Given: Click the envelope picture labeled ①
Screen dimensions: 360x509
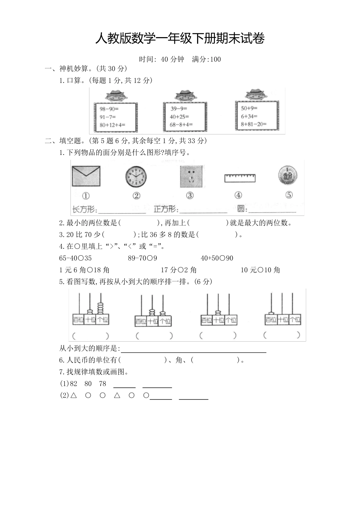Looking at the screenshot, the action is (86, 176).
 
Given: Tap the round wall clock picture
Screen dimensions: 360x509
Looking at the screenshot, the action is (136, 177).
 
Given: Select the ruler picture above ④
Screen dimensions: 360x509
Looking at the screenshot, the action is (239, 178).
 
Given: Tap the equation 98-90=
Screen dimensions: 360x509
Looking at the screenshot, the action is (109, 109).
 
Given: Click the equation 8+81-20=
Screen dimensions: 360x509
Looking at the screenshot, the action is (254, 124).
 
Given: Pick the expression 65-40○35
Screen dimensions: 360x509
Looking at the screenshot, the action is (76, 258).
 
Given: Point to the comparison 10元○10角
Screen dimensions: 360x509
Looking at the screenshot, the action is (260, 270).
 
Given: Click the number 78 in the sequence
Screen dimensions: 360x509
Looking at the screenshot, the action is (102, 384).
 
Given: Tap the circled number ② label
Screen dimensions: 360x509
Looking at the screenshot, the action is (136, 195).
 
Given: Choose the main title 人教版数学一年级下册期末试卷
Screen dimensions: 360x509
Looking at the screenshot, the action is (180, 38).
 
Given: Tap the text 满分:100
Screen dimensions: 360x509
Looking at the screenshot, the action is (206, 59).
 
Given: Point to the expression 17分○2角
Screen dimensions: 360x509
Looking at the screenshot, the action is (178, 270).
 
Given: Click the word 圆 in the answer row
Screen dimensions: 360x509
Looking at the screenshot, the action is (241, 209).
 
